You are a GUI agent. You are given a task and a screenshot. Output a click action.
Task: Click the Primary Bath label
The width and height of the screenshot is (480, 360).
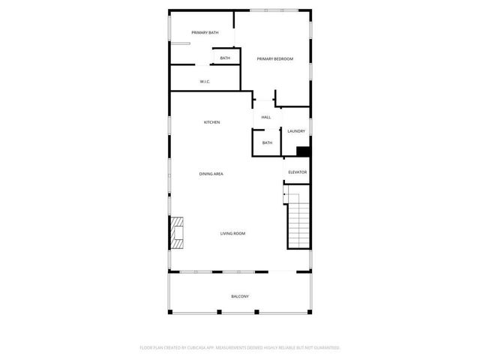(x=205, y=32)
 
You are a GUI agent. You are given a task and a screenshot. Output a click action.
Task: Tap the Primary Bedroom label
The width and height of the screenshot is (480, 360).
(x=274, y=58)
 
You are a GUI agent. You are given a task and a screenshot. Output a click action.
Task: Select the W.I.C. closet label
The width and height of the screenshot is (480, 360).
(x=205, y=81)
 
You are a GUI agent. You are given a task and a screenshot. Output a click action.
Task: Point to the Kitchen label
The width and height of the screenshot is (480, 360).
(x=212, y=122)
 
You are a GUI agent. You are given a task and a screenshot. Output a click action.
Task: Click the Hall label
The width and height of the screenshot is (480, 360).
(x=266, y=118)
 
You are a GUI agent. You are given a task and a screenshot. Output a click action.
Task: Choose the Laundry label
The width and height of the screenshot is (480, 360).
(x=295, y=131)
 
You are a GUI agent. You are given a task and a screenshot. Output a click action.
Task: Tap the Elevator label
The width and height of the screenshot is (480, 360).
(x=298, y=172)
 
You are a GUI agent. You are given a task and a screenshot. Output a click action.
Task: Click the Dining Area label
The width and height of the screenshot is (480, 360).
(x=211, y=174)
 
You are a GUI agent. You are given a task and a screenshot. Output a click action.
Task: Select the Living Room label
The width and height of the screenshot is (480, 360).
(x=232, y=233)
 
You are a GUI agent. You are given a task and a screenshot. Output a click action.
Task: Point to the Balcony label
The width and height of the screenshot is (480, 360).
(x=240, y=296)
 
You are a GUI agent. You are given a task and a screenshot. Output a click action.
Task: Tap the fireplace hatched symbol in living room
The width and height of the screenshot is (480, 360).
(x=177, y=232)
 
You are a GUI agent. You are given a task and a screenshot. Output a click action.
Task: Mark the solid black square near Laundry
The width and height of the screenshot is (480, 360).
(x=303, y=151)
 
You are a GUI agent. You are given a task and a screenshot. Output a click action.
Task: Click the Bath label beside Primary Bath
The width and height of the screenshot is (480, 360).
(x=225, y=58)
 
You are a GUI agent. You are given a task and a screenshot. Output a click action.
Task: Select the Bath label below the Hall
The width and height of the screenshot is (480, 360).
(x=267, y=142)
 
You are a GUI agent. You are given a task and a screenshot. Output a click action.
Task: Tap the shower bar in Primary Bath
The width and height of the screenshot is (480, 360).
(x=180, y=43)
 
